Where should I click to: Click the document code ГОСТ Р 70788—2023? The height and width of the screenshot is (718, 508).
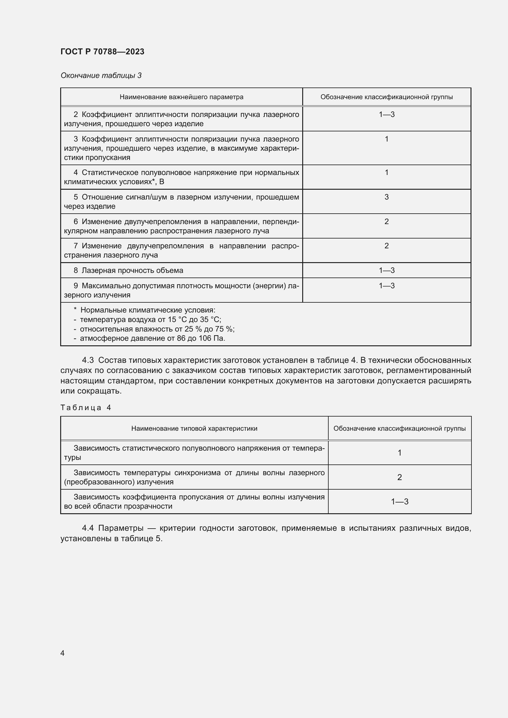click(x=102, y=52)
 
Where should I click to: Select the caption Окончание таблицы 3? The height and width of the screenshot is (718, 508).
click(x=101, y=76)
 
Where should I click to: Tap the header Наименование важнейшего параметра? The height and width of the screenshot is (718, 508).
click(x=181, y=97)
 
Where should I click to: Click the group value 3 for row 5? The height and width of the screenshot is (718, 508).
click(x=386, y=197)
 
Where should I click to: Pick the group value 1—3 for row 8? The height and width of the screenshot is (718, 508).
click(x=386, y=270)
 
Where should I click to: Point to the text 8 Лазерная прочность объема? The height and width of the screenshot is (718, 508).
click(x=128, y=270)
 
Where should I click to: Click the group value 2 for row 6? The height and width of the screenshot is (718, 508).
click(x=386, y=221)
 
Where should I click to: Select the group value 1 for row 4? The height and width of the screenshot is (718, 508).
click(x=386, y=172)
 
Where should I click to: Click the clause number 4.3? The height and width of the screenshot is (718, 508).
click(x=88, y=360)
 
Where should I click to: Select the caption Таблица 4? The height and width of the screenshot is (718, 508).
click(x=86, y=407)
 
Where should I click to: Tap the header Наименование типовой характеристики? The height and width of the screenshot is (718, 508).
click(x=194, y=429)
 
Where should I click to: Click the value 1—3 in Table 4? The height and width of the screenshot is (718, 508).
click(x=400, y=502)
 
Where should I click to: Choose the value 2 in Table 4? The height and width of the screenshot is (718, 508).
click(x=400, y=477)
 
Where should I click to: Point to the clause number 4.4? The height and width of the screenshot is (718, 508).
click(x=88, y=528)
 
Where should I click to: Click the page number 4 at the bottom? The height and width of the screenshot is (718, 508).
click(x=63, y=653)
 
